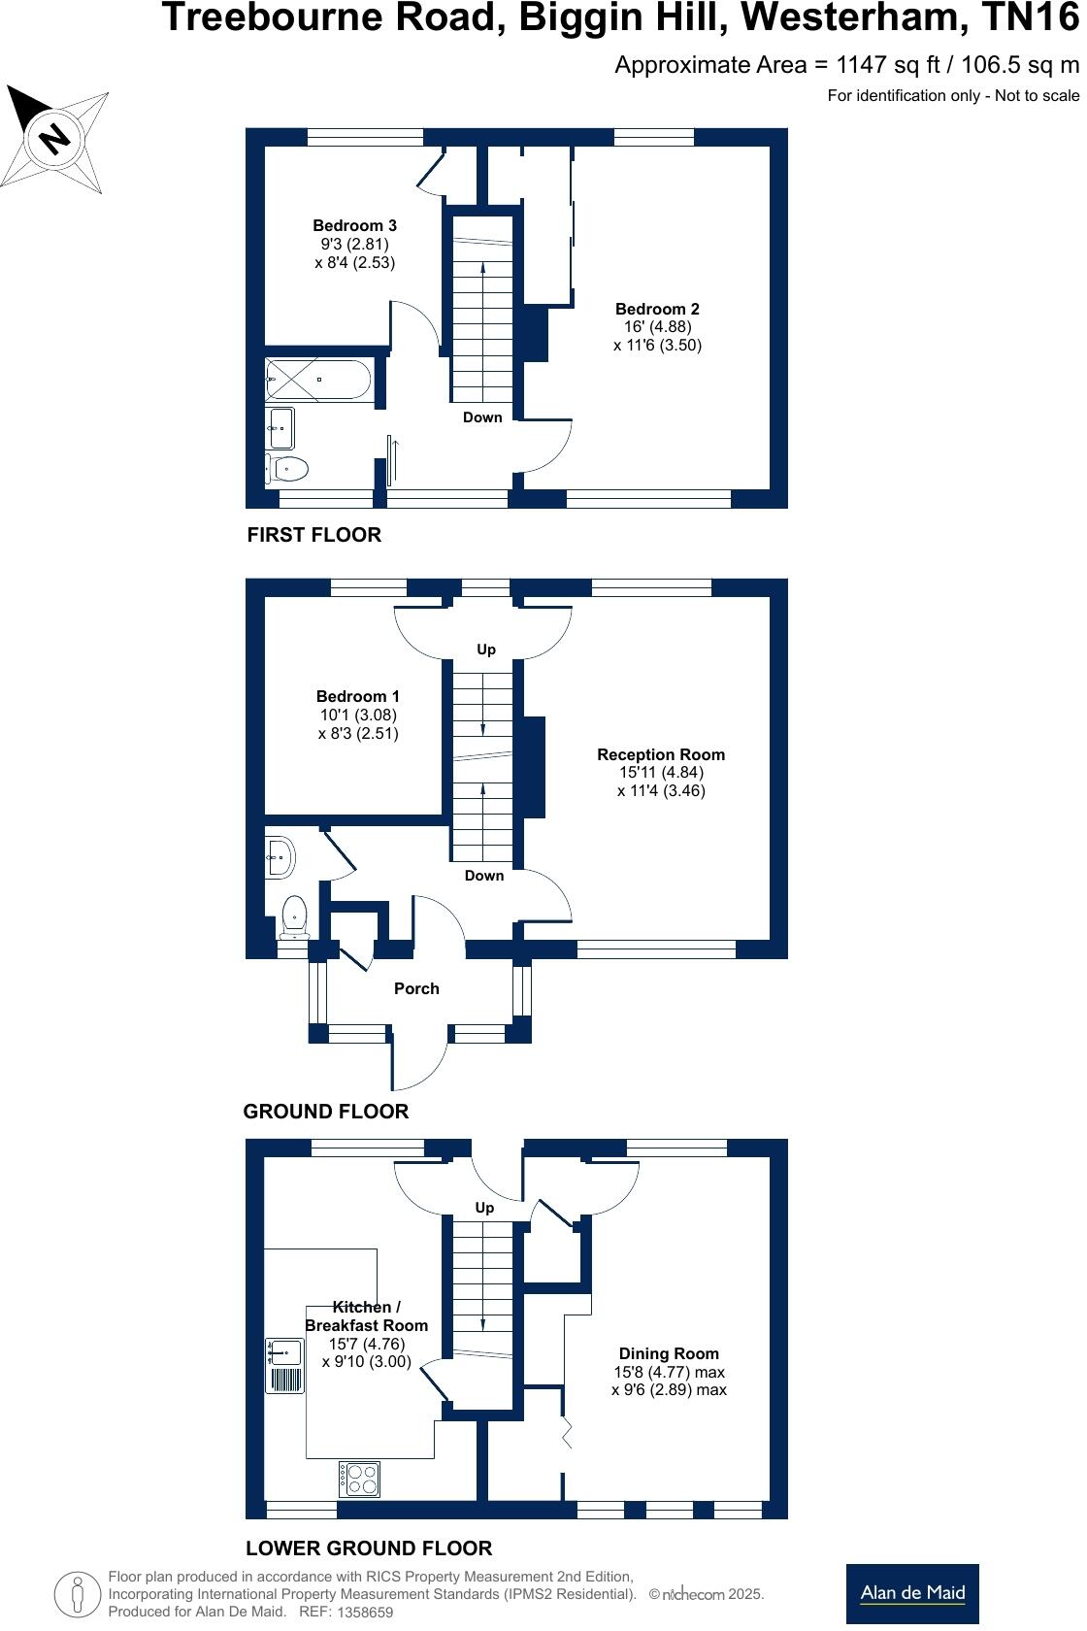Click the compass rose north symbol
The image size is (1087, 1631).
(55, 136)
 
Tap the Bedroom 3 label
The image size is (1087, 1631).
(354, 225)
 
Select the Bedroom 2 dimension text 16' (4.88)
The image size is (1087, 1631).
(657, 327)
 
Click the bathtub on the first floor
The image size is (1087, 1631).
(318, 380)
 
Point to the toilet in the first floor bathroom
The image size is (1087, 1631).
(288, 469)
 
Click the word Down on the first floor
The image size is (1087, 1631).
(482, 417)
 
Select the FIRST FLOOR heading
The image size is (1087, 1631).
(314, 535)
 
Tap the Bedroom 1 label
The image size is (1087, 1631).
(358, 696)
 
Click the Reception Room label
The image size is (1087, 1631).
(661, 754)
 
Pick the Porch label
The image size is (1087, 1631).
(416, 988)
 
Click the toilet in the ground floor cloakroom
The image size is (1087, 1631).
(294, 916)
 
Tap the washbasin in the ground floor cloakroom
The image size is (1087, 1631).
(280, 856)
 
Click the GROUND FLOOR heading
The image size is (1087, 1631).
(326, 1112)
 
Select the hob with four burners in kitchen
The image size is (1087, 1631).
(359, 1479)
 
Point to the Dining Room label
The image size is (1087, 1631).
(669, 1353)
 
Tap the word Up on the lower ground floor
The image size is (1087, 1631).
(484, 1208)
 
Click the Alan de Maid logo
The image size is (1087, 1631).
(912, 1592)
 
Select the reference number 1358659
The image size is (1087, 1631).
(364, 1613)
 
